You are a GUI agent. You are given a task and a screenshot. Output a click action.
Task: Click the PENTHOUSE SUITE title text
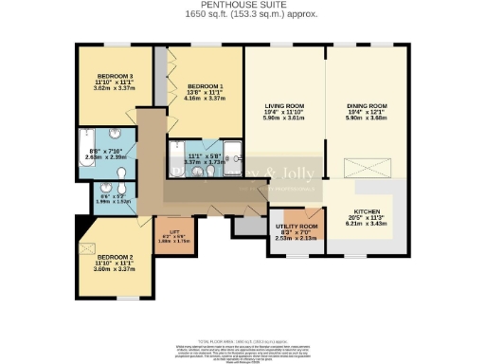(x=242, y=6)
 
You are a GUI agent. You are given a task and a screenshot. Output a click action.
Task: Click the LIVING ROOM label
(x=285, y=105)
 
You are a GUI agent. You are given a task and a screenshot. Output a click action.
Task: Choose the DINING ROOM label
(x=368, y=105)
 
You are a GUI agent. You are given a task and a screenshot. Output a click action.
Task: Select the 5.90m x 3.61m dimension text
(x=285, y=118)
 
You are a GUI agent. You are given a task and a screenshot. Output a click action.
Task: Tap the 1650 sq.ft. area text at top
(x=242, y=15)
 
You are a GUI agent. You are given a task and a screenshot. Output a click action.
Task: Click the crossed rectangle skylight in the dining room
(x=359, y=167)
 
